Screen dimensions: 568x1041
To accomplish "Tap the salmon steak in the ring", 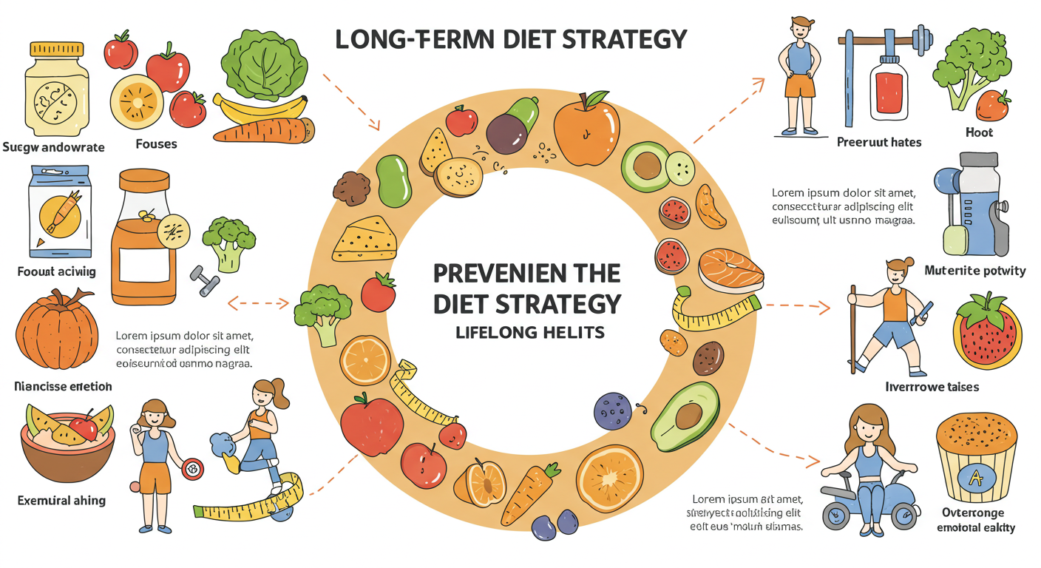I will point(730,269).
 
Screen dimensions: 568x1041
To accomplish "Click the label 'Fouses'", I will point(157,143).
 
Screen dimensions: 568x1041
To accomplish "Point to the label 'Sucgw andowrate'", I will point(53,147).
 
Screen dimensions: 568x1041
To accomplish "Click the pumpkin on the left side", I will point(56,331).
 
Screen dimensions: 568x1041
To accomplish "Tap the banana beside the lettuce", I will point(259,109).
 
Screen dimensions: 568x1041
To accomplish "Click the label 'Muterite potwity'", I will point(975,271).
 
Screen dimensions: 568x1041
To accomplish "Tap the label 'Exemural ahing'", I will point(61,501).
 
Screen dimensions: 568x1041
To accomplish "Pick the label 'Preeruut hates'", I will point(879,141).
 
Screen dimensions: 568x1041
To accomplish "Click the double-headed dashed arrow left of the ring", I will point(258,302).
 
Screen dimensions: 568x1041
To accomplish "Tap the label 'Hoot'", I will point(979,132).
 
